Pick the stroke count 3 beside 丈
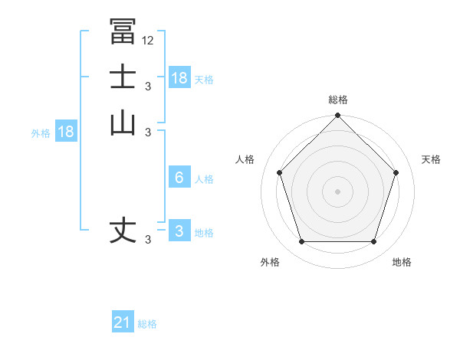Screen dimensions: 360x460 point(148,240)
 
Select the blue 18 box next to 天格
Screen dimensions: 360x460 point(179,78)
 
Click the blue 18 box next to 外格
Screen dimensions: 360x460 point(66,132)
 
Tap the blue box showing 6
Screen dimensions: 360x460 point(179,178)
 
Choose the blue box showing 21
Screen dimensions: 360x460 point(123,322)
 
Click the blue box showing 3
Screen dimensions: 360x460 point(179,231)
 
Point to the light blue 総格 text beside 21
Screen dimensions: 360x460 point(147,324)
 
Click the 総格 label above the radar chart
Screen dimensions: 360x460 point(337,100)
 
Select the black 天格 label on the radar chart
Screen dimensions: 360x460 point(431,159)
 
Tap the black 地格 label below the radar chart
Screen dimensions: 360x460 point(402,262)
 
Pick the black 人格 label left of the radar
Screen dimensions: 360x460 point(245,159)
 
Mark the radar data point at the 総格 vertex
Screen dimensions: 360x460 point(337,116)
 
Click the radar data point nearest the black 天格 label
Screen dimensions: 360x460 point(396,172)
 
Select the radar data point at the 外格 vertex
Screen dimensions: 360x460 point(301,242)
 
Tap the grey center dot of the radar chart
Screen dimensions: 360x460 point(337,191)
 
